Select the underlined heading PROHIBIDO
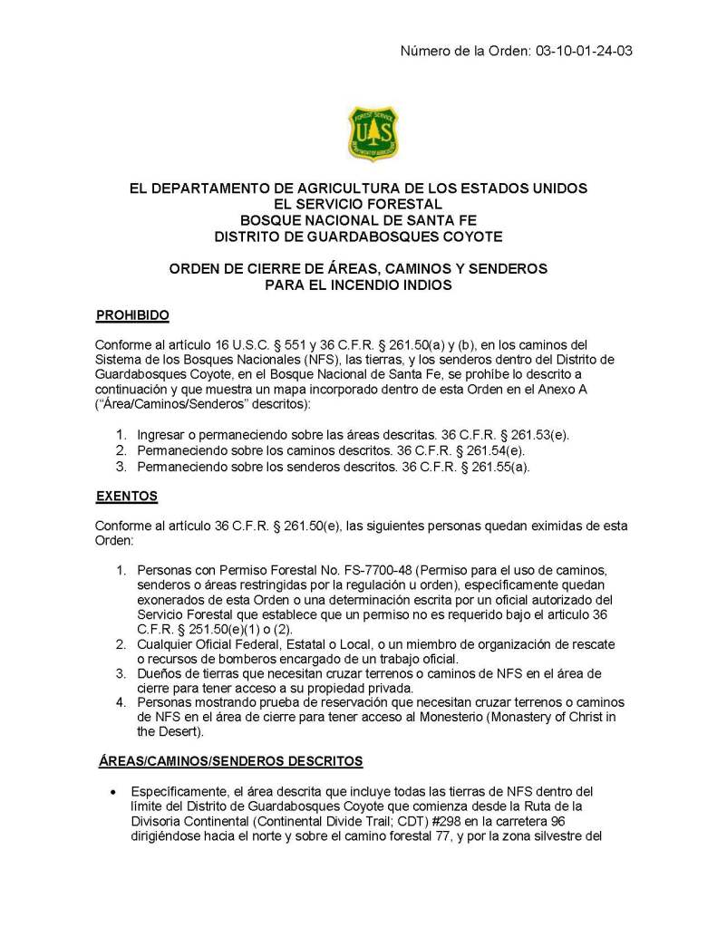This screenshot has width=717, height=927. (132, 315)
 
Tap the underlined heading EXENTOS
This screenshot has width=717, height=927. (127, 496)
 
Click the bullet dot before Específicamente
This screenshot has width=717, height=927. (112, 788)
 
